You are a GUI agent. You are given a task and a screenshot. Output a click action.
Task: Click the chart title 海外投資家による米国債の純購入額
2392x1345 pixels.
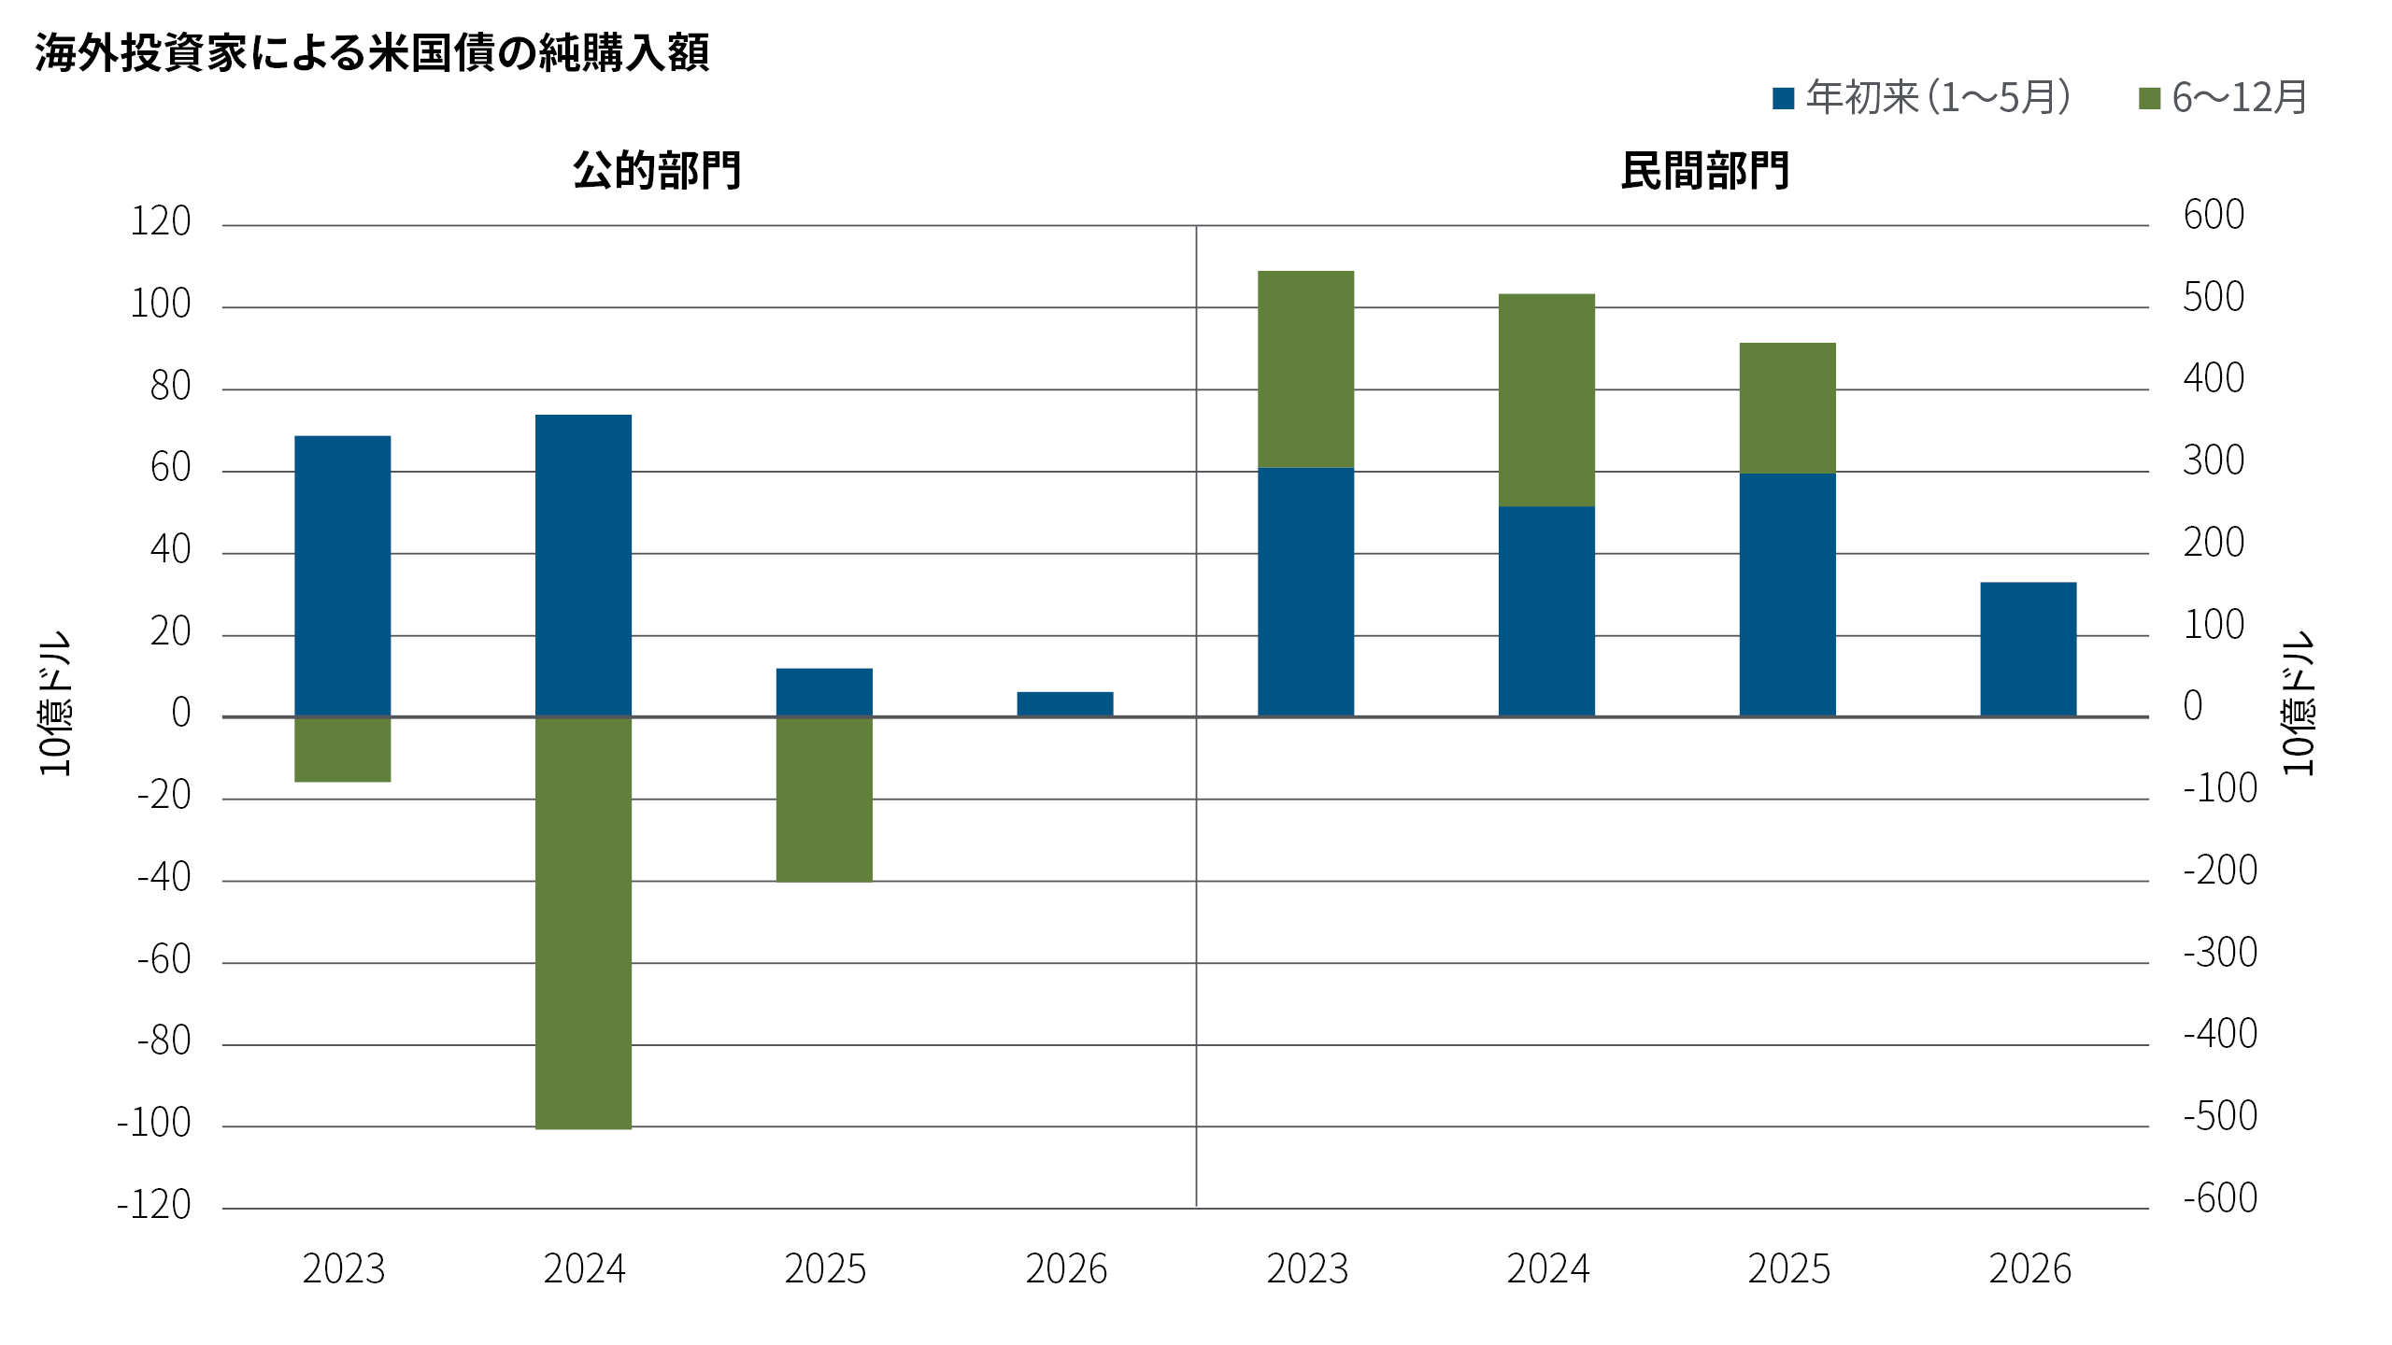tap(372, 52)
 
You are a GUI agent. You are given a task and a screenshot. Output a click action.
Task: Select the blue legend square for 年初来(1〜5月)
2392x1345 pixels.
tap(1783, 98)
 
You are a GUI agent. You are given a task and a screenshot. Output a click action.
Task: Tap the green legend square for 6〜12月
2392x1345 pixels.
tap(2149, 98)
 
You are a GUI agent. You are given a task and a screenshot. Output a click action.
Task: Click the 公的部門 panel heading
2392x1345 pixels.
tap(657, 171)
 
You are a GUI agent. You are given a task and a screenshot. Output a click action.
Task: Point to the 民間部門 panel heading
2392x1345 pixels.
tap(1705, 171)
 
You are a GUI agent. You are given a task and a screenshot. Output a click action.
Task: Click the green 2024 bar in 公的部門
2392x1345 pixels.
tap(583, 923)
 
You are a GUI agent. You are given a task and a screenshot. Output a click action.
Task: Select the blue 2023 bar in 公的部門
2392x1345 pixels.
tap(343, 576)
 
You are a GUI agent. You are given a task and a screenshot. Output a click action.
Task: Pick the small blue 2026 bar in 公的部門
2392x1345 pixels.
tap(1065, 704)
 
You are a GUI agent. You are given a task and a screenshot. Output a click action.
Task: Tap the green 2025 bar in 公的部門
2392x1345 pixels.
tap(824, 800)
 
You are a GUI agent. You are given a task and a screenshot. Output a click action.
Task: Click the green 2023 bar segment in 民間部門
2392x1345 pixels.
tap(1306, 369)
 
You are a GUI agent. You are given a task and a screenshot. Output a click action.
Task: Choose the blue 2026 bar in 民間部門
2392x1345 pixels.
tap(2029, 649)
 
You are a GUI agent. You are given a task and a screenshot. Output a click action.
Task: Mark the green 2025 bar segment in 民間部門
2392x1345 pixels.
tap(1787, 408)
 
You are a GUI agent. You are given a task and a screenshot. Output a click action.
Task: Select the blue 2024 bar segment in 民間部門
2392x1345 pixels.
tap(1546, 612)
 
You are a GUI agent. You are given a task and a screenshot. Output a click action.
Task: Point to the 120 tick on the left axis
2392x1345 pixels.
tap(161, 222)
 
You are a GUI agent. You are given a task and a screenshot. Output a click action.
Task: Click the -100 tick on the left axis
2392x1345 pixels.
tap(154, 1123)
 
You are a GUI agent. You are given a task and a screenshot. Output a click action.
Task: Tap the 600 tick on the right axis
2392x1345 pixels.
tap(2214, 216)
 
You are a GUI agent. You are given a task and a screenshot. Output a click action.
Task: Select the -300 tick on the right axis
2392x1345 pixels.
tap(2220, 953)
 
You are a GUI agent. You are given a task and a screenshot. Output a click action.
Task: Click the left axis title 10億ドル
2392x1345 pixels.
tap(55, 702)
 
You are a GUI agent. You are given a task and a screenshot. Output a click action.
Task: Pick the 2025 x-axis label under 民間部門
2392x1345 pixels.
tap(1788, 1268)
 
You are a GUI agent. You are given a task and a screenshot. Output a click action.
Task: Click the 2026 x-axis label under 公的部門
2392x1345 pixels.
tap(1066, 1268)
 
